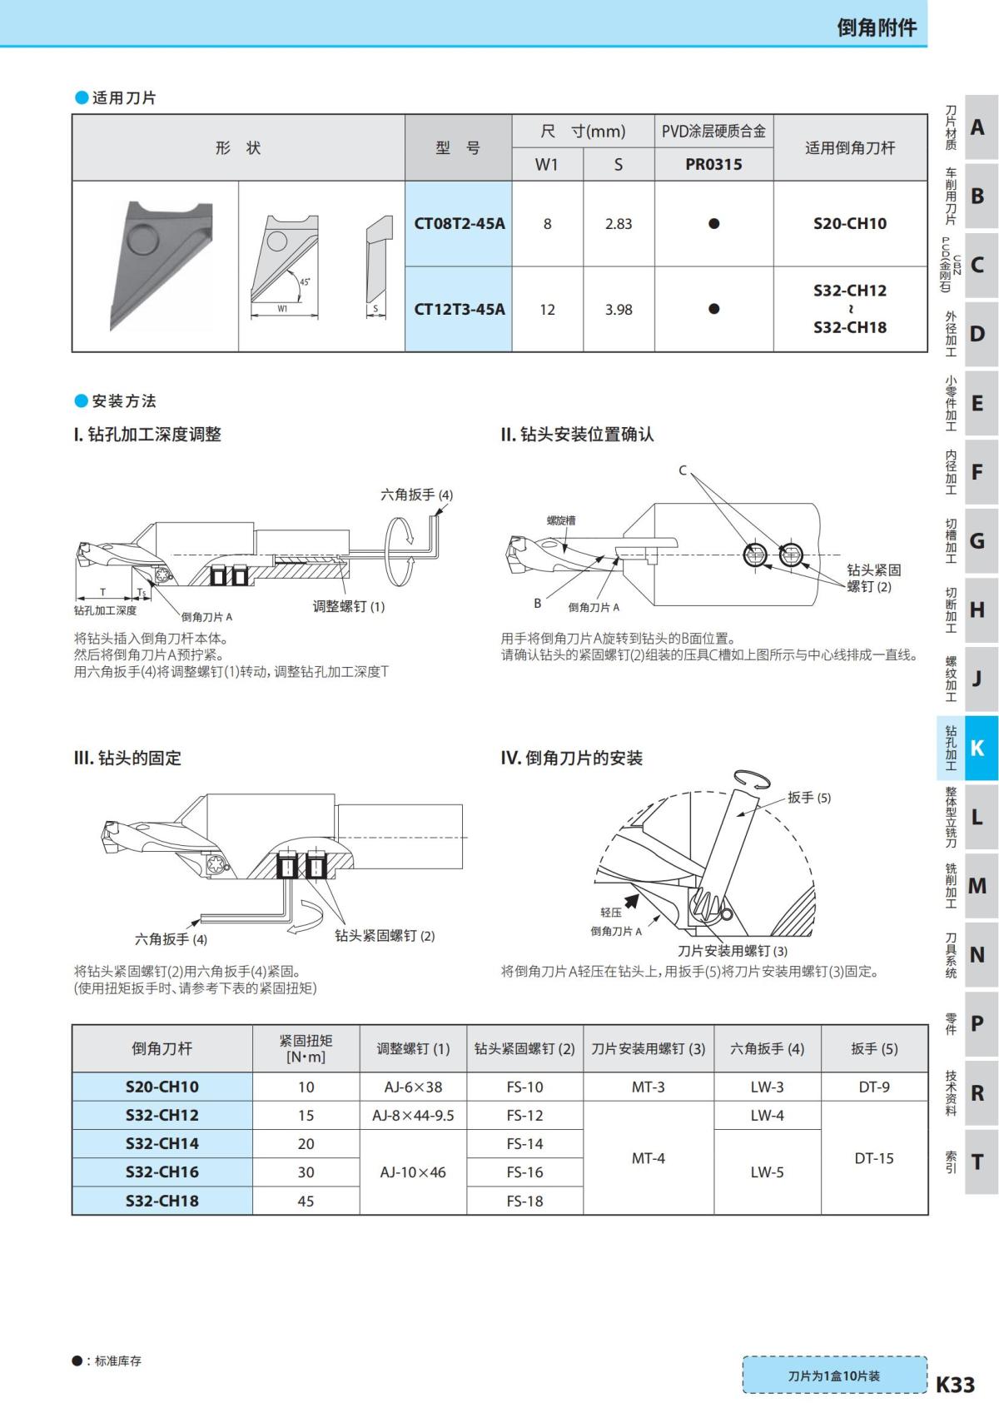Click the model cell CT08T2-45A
click(x=459, y=224)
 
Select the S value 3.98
click(x=619, y=310)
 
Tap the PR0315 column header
click(x=713, y=164)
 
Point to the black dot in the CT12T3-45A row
click(x=713, y=309)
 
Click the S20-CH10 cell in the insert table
click(x=849, y=224)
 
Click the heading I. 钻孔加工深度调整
click(x=148, y=435)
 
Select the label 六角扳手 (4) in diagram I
click(x=416, y=495)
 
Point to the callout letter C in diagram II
click(x=683, y=470)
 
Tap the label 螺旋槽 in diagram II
click(x=561, y=520)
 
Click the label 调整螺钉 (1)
click(x=349, y=606)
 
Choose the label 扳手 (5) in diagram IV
click(x=809, y=798)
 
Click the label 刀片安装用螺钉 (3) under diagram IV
click(x=733, y=951)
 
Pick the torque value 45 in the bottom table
click(x=306, y=1201)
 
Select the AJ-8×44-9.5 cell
click(x=413, y=1116)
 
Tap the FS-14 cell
click(x=524, y=1144)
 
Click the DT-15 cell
click(x=873, y=1158)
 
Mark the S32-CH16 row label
click(x=162, y=1172)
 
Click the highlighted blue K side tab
click(x=977, y=748)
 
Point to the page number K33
click(x=955, y=1384)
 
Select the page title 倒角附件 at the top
click(x=876, y=27)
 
